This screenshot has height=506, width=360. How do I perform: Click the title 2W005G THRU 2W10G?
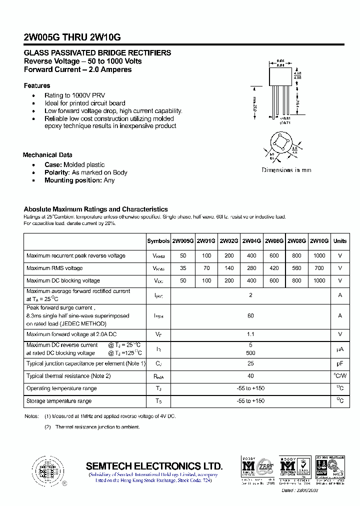tap(72, 37)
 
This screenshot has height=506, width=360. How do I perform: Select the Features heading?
tap(37, 85)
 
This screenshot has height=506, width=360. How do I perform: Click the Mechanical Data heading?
tap(47, 155)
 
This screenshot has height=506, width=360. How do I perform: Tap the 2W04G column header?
tap(251, 241)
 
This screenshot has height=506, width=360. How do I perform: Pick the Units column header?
tap(340, 241)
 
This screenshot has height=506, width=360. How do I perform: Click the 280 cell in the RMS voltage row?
tap(251, 268)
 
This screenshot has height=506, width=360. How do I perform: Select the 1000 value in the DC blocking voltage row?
tap(319, 281)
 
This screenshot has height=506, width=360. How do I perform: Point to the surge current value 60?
tap(250, 316)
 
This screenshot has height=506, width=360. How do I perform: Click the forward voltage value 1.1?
tap(250, 334)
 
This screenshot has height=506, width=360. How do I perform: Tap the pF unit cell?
tap(340, 363)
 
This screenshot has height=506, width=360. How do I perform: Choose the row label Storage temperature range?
tap(59, 401)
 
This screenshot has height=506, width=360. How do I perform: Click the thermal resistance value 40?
tap(250, 376)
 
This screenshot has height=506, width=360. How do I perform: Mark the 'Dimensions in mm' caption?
tap(286, 170)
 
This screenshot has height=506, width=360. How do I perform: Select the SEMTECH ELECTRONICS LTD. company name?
tap(154, 465)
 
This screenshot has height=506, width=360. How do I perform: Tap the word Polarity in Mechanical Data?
tap(56, 172)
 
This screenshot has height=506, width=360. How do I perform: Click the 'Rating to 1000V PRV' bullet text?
tap(74, 95)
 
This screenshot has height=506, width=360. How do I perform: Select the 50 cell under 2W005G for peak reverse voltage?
tap(183, 256)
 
